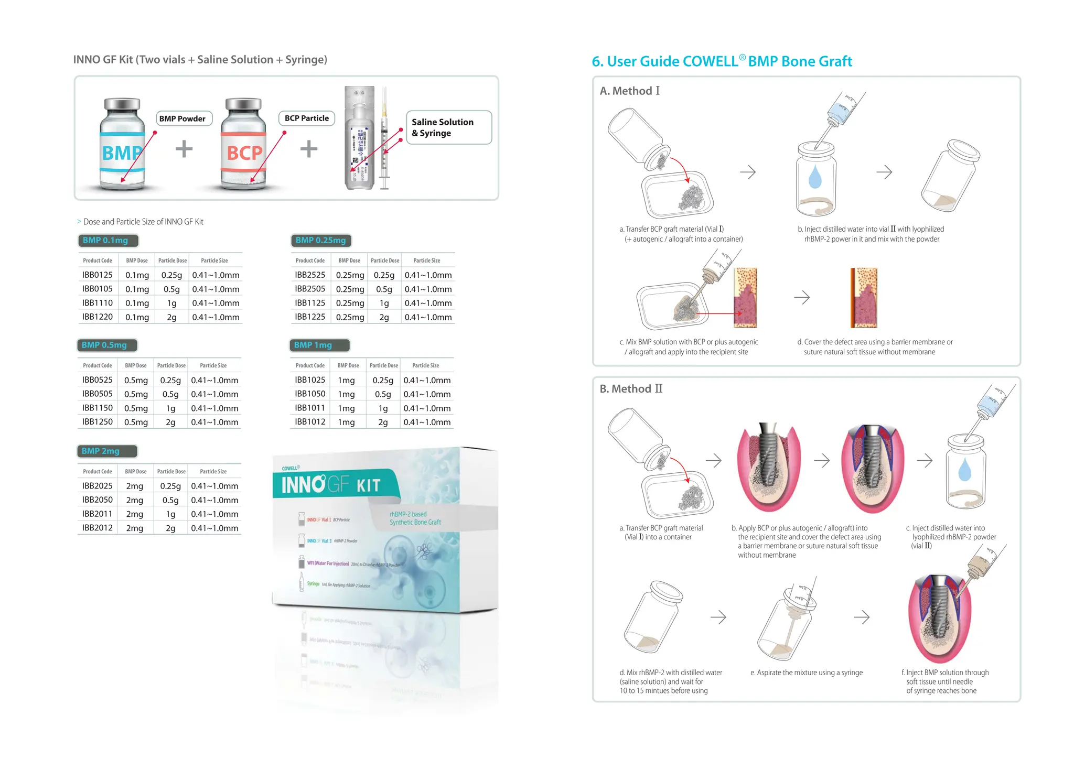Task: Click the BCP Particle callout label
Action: [307, 118]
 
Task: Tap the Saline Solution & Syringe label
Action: [448, 127]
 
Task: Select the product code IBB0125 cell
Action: [98, 275]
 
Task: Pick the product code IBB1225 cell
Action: [310, 317]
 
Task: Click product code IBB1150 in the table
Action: [98, 408]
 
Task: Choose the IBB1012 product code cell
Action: [310, 421]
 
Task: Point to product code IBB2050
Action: [98, 500]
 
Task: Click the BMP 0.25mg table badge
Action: [320, 241]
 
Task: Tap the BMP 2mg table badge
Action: [106, 451]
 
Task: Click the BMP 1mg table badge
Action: [319, 345]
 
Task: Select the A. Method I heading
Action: [629, 91]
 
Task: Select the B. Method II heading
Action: [631, 389]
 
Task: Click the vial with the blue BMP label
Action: [122, 144]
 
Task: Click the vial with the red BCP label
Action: [243, 144]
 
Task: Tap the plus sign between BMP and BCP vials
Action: [184, 149]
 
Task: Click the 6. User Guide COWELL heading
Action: [722, 62]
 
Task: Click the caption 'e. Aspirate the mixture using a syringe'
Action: [806, 673]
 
